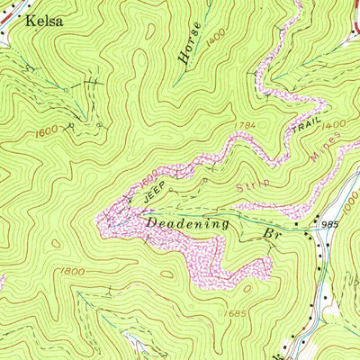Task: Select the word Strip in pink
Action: click(x=256, y=184)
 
